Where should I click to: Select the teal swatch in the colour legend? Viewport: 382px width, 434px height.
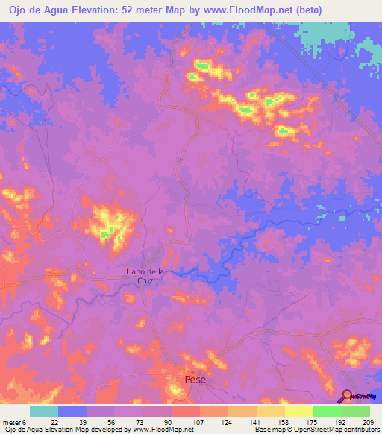[44, 411]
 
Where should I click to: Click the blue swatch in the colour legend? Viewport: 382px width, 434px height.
[72, 411]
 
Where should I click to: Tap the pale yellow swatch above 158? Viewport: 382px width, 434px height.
[270, 411]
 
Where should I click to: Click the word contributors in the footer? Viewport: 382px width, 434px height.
[359, 430]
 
